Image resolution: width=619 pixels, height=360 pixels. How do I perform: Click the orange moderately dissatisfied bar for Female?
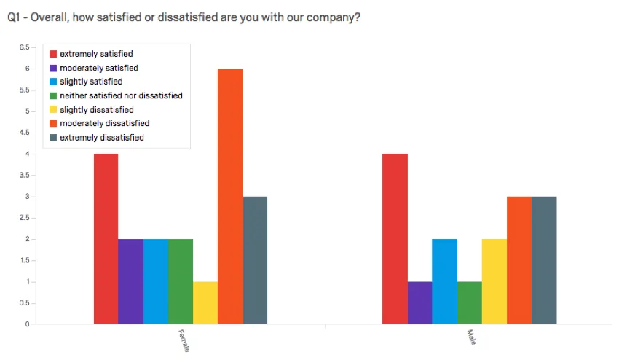click(230, 197)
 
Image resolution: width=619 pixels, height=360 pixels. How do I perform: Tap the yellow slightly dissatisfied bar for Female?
click(205, 302)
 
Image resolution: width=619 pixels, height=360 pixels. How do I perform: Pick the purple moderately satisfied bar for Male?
click(419, 302)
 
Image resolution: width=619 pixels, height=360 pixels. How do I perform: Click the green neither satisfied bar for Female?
click(181, 281)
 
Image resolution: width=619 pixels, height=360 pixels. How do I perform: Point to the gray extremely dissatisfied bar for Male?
click(544, 260)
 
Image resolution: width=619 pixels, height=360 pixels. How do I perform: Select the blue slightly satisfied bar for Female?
click(156, 281)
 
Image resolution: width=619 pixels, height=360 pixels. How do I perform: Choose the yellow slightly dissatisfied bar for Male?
click(494, 281)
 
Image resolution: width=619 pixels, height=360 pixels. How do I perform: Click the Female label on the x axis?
click(184, 341)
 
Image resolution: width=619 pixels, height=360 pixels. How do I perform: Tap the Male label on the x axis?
click(471, 337)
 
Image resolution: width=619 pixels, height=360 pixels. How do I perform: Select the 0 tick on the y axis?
click(27, 324)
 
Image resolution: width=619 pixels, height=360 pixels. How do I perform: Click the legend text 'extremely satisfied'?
click(96, 54)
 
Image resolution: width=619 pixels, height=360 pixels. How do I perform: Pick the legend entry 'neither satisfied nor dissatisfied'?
click(121, 95)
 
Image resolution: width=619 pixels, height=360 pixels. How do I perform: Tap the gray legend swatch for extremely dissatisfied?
click(52, 138)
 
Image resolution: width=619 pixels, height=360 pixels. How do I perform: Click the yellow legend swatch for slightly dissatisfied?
click(52, 110)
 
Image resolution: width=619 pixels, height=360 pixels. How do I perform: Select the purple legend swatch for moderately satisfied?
click(52, 68)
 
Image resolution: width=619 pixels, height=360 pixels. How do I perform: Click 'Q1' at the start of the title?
click(15, 17)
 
